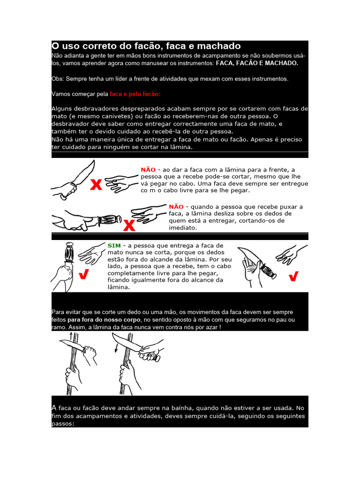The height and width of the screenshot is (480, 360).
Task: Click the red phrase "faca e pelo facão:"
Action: [135, 94]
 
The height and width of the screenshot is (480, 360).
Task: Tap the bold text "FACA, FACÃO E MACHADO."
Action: [257, 63]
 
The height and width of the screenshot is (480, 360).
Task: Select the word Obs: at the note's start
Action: [58, 78]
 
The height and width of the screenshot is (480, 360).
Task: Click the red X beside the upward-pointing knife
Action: [96, 185]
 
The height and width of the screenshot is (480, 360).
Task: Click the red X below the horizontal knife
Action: [129, 226]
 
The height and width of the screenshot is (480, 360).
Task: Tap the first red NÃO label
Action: [148, 169]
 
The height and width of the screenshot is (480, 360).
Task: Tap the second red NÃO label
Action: [176, 206]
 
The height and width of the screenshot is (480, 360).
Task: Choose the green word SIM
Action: [114, 245]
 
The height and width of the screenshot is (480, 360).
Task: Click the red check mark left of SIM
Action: [85, 275]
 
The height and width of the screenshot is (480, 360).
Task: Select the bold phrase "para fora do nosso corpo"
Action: [101, 320]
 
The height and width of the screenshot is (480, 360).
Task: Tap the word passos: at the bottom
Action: [63, 423]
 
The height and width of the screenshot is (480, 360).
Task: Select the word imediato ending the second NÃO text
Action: [183, 228]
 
